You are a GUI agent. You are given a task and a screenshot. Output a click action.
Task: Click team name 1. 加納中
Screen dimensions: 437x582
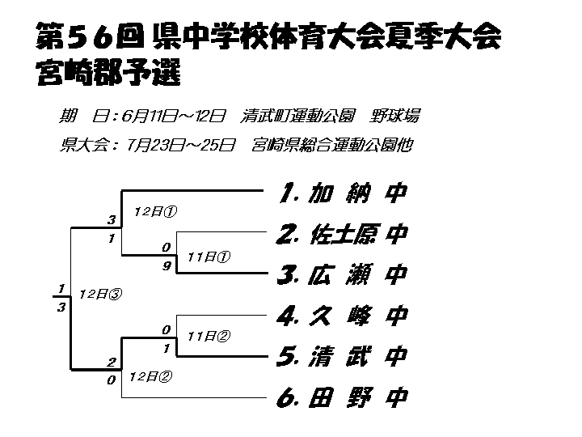(x=339, y=193)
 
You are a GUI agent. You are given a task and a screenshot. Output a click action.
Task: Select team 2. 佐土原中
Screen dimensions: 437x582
(x=340, y=235)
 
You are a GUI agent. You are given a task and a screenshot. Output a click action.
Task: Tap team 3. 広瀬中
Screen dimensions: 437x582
(x=340, y=275)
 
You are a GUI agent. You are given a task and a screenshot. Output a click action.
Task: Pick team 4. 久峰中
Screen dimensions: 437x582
(x=340, y=316)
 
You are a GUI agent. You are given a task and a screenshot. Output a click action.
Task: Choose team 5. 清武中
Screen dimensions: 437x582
(x=340, y=356)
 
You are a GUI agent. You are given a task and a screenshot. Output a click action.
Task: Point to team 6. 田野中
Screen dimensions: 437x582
(x=340, y=397)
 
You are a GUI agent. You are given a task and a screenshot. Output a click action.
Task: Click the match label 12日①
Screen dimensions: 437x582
(x=155, y=211)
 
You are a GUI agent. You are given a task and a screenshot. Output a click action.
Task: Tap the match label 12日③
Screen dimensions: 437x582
(x=99, y=295)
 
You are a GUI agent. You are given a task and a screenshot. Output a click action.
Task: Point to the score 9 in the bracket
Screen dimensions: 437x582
(x=165, y=265)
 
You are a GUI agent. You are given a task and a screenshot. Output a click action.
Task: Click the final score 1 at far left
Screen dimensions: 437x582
(x=61, y=288)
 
